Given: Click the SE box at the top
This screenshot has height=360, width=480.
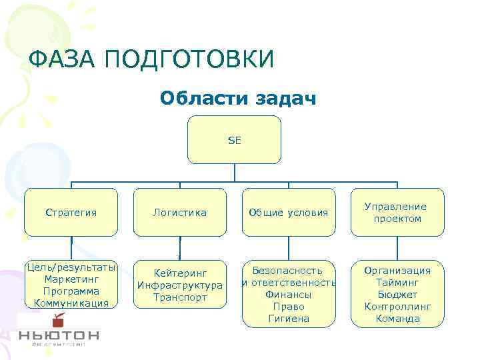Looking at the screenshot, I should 234,140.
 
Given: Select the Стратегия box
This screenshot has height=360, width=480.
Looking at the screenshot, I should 71,213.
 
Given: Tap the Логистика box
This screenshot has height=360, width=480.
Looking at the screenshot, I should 179,213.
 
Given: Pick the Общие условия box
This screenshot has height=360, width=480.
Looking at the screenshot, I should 288,213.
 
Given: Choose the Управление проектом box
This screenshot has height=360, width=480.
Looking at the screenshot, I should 397,213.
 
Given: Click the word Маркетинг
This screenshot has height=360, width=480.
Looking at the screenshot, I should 71,279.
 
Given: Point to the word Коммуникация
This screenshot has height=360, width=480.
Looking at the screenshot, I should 71,303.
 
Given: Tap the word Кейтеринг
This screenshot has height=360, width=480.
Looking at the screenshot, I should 180,273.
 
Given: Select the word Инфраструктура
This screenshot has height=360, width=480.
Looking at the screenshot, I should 180,285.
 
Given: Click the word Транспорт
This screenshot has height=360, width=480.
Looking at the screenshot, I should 180,297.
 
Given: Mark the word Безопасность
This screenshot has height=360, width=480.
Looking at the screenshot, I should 288,271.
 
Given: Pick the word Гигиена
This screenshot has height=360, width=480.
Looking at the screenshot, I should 288,319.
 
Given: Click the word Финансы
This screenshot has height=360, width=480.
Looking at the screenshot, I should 288,295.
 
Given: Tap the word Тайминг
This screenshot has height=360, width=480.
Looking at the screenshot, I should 397,283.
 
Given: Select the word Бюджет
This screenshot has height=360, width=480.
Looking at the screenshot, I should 397,295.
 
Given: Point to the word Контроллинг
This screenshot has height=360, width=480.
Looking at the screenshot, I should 397,307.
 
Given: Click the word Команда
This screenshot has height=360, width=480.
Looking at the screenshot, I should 397,319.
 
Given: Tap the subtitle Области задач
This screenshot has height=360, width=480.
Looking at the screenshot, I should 238,99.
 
